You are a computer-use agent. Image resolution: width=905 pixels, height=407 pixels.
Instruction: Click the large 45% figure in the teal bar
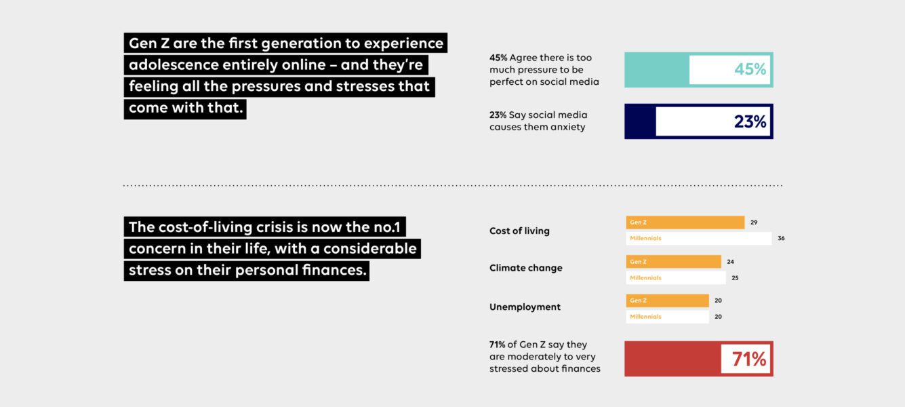click(750, 69)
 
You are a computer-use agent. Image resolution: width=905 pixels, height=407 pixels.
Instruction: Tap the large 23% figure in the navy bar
click(750, 121)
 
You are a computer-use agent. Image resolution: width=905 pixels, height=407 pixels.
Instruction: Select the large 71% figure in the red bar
click(748, 359)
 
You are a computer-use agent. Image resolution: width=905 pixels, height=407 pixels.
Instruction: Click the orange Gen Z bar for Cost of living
click(685, 222)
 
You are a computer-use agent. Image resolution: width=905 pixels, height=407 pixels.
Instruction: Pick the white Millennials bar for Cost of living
click(698, 239)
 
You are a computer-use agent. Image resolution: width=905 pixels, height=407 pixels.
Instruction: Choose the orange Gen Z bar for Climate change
click(674, 262)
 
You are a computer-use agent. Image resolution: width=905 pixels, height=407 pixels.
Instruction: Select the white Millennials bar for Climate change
click(675, 277)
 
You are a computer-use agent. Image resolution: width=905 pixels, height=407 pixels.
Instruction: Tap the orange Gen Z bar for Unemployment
click(668, 301)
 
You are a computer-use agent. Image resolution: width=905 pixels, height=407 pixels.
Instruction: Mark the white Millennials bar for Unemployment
click(668, 317)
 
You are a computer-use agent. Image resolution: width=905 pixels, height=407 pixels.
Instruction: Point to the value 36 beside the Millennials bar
click(781, 239)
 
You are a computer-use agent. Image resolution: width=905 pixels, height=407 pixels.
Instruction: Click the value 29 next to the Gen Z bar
click(754, 222)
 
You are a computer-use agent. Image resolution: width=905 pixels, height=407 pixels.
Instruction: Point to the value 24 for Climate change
click(731, 262)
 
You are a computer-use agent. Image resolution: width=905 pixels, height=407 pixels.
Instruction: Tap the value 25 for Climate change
click(735, 277)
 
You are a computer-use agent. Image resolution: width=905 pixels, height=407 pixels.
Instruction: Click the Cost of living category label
click(519, 231)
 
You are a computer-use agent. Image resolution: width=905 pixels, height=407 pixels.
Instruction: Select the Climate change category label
click(525, 268)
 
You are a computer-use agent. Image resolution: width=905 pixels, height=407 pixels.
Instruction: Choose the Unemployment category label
click(525, 307)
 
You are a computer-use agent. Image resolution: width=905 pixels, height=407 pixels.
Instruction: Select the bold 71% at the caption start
click(497, 345)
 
